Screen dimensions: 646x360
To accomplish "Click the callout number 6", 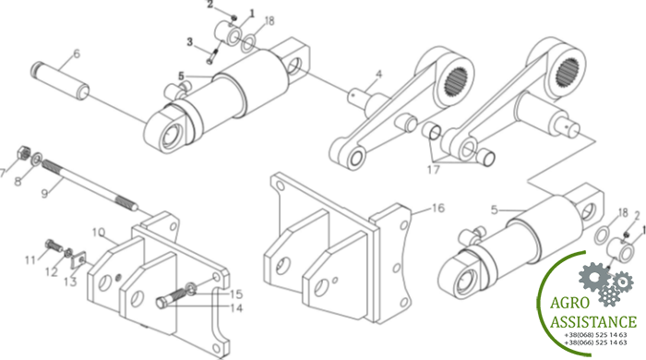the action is (x=77, y=54).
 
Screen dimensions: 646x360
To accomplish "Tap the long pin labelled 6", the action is (x=60, y=80).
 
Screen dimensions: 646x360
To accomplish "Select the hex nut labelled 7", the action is (x=23, y=153).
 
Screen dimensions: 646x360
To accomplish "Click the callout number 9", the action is (x=45, y=193).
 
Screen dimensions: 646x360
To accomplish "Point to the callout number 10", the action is (x=98, y=233).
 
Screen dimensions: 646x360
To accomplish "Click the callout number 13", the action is (x=70, y=282).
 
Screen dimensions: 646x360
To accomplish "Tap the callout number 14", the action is (x=236, y=308).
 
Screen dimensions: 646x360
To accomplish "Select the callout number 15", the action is (x=236, y=294).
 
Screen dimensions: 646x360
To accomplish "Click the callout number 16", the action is (x=438, y=208).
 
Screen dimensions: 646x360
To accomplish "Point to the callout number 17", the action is (x=434, y=169).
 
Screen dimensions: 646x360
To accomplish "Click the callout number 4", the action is (x=378, y=75).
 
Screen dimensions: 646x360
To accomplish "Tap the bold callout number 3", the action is (x=189, y=42).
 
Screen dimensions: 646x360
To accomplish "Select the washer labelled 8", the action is (x=36, y=158).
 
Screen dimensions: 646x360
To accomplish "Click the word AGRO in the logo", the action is (x=569, y=303).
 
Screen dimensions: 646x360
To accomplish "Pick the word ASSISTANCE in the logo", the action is (x=593, y=322).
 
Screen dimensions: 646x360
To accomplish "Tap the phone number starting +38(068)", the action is (x=596, y=335).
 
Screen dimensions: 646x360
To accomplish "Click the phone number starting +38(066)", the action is (x=596, y=342).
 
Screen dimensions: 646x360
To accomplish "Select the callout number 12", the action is (x=52, y=272).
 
